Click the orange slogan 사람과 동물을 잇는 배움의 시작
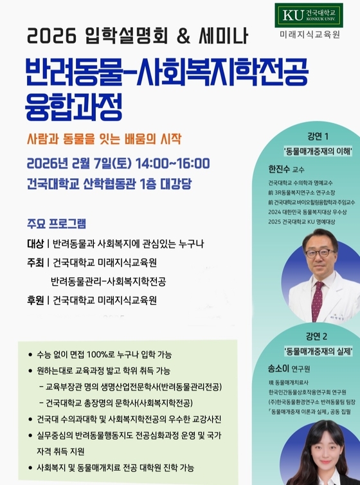pyautogui.click(x=105, y=138)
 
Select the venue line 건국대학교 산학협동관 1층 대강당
pyautogui.click(x=110, y=182)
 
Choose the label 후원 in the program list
pyautogui.click(x=35, y=300)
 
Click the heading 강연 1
pyautogui.click(x=318, y=137)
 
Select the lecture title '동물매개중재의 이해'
pyautogui.click(x=318, y=152)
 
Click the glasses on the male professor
pyautogui.click(x=319, y=253)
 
